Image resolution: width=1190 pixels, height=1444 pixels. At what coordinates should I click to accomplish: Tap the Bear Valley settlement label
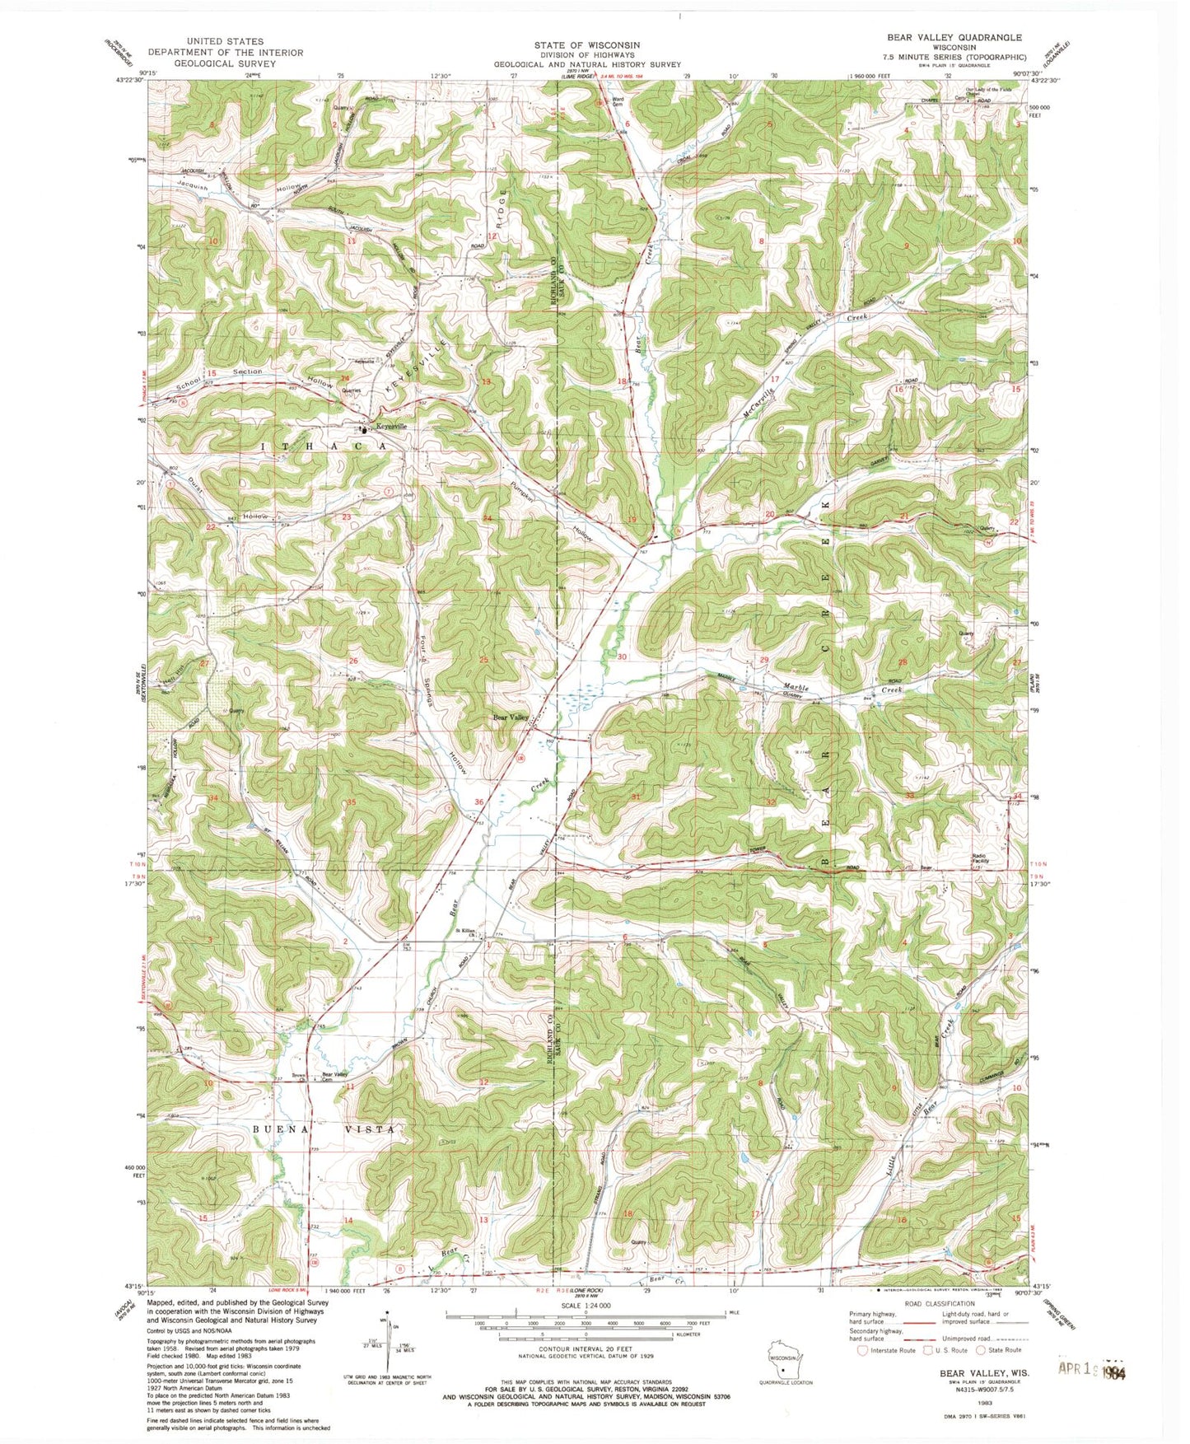click(x=511, y=717)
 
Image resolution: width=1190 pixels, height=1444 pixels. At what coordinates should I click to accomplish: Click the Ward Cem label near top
click(x=618, y=103)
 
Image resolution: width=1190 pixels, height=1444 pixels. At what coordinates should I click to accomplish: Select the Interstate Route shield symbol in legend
click(x=863, y=1350)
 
